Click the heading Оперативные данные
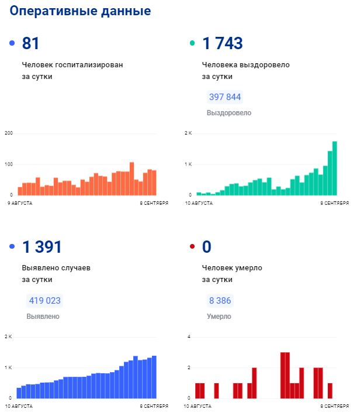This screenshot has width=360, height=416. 80,11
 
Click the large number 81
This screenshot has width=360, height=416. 30,43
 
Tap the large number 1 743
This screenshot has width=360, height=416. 222,43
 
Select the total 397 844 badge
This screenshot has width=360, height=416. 225,97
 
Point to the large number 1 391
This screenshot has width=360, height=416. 42,247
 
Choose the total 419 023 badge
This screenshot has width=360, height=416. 45,301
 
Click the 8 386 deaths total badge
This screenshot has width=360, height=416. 220,301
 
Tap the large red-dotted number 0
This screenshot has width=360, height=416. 206,247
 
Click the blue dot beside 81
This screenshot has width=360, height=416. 12,43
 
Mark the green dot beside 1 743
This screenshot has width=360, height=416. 192,43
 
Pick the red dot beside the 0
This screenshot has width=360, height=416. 192,247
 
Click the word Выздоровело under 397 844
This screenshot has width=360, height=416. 229,112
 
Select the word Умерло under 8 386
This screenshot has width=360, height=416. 219,317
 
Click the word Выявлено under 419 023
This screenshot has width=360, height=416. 43,317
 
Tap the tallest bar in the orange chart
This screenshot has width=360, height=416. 131,178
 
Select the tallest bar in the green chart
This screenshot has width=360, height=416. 335,168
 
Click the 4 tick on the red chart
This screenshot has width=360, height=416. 188,337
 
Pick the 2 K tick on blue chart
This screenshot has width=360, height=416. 8,337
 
